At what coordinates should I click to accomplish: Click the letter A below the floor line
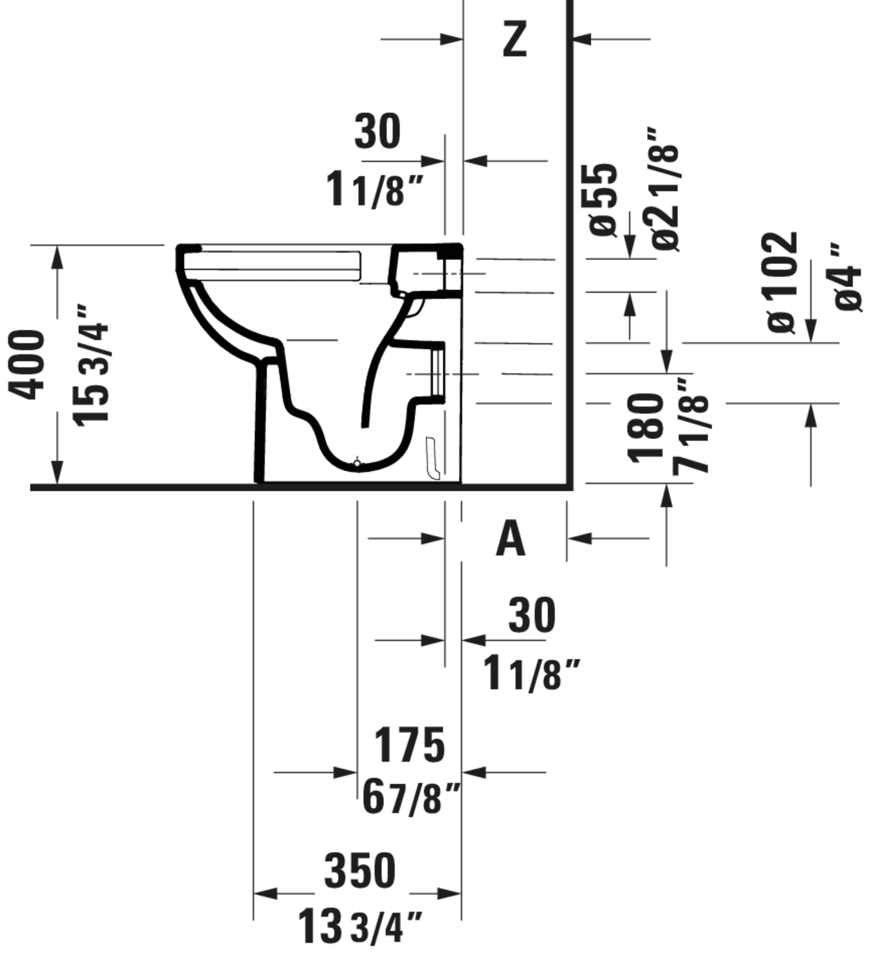(511, 539)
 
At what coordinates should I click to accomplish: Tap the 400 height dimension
(27, 365)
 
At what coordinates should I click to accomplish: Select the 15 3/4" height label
(90, 365)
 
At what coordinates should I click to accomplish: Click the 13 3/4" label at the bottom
(359, 925)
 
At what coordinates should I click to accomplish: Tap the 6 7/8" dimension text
(411, 798)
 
